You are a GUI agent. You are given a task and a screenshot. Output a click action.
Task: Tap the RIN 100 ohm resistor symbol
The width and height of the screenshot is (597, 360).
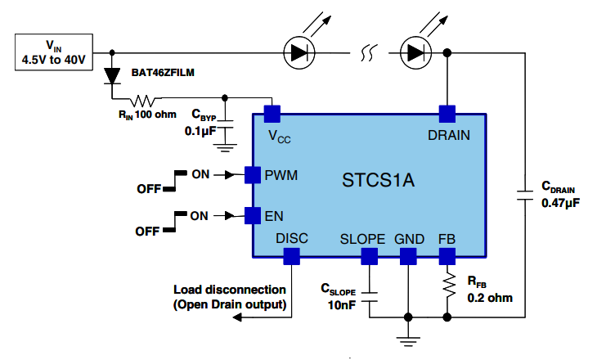point(146,101)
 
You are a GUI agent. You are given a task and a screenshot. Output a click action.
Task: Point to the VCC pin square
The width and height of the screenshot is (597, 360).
point(273,112)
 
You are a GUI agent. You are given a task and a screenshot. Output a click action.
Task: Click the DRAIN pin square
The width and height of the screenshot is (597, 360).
point(447,112)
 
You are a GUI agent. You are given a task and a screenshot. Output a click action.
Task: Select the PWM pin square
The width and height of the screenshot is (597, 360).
point(253,174)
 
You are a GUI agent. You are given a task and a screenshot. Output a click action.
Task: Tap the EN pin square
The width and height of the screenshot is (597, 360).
point(253,215)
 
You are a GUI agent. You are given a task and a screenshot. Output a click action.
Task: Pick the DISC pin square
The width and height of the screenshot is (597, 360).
point(291,257)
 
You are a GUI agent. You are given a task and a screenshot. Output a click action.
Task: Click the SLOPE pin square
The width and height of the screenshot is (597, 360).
point(370,257)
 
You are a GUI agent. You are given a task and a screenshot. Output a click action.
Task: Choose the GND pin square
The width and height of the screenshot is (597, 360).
point(408,257)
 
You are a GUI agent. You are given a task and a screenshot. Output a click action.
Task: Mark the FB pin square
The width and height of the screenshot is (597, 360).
point(447,257)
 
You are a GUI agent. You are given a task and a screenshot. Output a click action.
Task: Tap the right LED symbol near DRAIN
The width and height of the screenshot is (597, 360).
point(417,53)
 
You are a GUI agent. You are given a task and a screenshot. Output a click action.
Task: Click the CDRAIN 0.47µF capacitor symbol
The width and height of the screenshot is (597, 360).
point(524,194)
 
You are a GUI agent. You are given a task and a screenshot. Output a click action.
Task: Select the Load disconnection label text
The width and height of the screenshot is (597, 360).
point(230,298)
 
